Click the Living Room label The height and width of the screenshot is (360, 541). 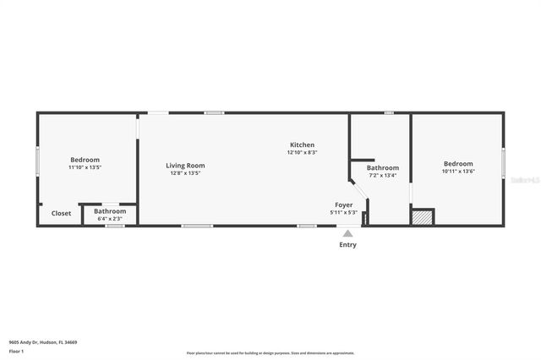185,166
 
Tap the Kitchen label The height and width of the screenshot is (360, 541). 302,145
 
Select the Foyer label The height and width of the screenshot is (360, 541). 343,205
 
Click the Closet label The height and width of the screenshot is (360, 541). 62,214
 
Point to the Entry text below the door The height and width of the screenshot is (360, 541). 347,245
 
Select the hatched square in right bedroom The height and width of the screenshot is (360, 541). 422,217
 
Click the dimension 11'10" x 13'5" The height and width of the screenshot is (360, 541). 85,167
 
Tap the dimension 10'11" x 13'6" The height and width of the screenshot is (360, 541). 458,172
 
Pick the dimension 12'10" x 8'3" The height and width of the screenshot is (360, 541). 302,153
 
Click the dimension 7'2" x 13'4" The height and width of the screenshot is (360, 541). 382,176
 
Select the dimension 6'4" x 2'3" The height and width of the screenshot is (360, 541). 110,219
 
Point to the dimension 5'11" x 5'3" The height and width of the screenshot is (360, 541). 343,212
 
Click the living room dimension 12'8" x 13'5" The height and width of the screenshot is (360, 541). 185,173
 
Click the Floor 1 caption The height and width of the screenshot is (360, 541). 16,351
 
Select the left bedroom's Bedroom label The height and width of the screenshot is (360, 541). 85,160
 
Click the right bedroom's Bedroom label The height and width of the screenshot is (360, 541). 458,164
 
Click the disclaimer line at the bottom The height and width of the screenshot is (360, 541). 270,352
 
